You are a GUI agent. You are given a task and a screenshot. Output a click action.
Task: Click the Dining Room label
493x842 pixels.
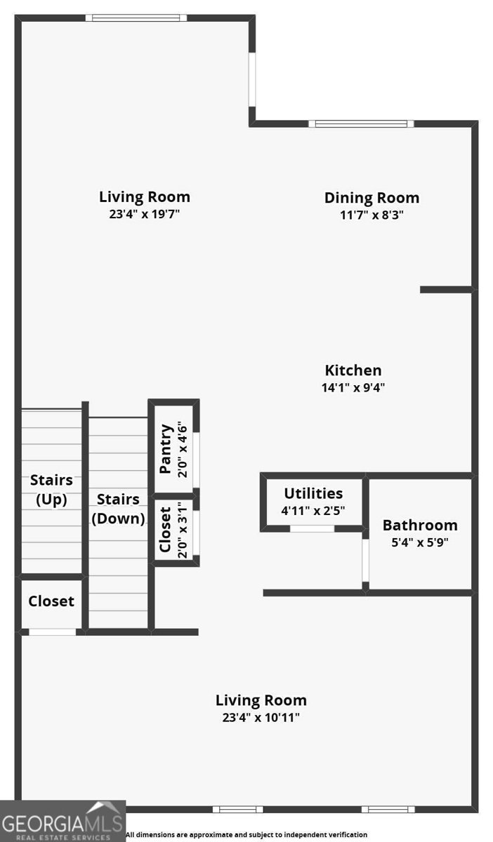pyautogui.click(x=372, y=198)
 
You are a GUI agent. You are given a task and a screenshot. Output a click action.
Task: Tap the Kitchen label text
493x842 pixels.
pyautogui.click(x=353, y=370)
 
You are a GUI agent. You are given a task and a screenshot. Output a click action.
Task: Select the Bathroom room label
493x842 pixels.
pyautogui.click(x=420, y=525)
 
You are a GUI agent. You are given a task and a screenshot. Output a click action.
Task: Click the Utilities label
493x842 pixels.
pyautogui.click(x=313, y=493)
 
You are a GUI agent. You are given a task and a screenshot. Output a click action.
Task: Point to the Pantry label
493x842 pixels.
pyautogui.click(x=166, y=449)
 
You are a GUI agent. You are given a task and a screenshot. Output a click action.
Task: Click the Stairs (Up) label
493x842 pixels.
pyautogui.click(x=51, y=490)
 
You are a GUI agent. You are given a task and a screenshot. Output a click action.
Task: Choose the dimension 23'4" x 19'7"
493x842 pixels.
pyautogui.click(x=144, y=214)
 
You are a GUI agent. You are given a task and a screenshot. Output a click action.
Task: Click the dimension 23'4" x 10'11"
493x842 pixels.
pyautogui.click(x=261, y=718)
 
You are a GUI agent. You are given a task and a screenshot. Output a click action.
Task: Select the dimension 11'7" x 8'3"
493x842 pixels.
pyautogui.click(x=372, y=215)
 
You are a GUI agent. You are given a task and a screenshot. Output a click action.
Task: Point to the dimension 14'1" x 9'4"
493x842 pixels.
pyautogui.click(x=353, y=387)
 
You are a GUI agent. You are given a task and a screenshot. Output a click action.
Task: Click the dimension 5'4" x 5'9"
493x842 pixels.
pyautogui.click(x=420, y=542)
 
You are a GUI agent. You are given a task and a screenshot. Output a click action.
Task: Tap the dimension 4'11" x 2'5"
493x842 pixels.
pyautogui.click(x=313, y=511)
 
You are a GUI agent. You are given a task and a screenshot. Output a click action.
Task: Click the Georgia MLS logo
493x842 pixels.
pyautogui.click(x=63, y=821)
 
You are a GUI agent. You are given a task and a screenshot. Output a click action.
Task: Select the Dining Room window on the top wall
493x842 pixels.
pyautogui.click(x=361, y=124)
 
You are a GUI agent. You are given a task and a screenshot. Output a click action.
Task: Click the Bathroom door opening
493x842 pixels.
pyautogui.click(x=365, y=561)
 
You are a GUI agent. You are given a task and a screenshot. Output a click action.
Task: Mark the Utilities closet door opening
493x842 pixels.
pyautogui.click(x=313, y=528)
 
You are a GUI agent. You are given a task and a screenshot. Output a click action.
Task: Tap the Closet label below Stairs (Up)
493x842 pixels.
pyautogui.click(x=51, y=601)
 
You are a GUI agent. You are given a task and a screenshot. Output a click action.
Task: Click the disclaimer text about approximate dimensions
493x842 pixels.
pyautogui.click(x=246, y=834)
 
